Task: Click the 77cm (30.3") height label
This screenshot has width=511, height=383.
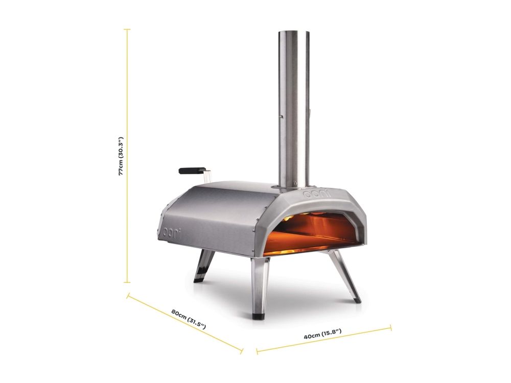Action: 121,156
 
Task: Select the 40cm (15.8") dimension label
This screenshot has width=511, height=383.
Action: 322,334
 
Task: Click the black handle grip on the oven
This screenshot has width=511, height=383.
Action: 191,170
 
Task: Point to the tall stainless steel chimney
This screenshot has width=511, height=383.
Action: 294,109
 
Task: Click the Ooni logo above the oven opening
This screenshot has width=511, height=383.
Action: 316,194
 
